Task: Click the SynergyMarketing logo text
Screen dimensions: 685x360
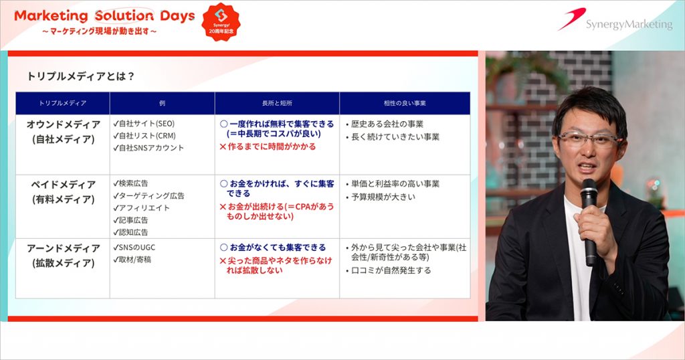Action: [x=629, y=24]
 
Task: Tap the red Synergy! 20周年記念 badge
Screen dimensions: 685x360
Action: [x=221, y=22]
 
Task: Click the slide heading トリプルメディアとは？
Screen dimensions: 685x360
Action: [x=80, y=76]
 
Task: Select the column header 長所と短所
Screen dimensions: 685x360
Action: [x=277, y=103]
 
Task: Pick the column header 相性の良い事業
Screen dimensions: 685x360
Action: [x=405, y=103]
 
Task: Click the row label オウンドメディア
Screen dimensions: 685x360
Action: [x=64, y=124]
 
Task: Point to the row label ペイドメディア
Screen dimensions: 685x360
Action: [x=64, y=185]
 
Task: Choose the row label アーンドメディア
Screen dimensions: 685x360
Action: [x=64, y=248]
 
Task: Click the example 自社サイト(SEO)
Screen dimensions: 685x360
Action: [x=144, y=124]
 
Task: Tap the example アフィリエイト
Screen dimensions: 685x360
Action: [x=141, y=208]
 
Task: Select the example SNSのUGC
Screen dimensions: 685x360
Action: [x=134, y=248]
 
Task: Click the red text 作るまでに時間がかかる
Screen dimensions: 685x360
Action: [x=268, y=147]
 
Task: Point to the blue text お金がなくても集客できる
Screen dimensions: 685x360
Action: [x=273, y=248]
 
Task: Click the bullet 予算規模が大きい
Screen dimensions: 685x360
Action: [x=381, y=197]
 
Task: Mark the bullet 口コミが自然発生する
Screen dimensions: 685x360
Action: [x=389, y=270]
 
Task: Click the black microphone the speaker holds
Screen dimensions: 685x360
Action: [x=589, y=221]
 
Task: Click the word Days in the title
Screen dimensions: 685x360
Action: [x=177, y=16]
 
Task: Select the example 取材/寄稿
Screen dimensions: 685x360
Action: [x=132, y=260]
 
